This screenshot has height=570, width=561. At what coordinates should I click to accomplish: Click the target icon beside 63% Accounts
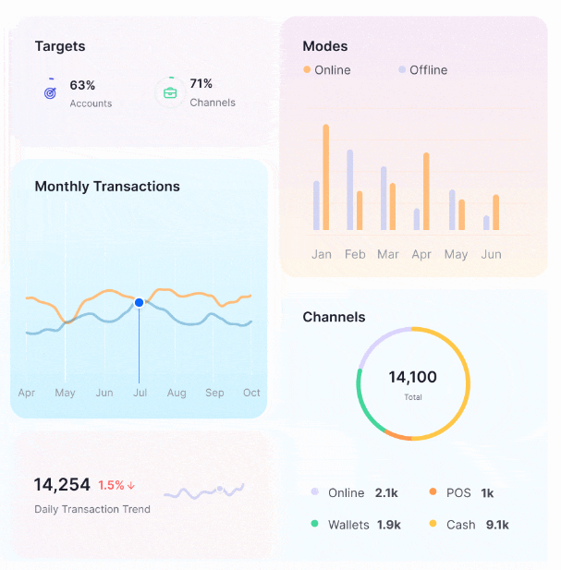(51, 92)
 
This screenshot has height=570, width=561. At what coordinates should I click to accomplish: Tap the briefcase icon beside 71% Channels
(170, 92)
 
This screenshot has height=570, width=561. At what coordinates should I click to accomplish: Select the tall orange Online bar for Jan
(325, 177)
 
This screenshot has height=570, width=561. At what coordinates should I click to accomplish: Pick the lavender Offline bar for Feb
(349, 189)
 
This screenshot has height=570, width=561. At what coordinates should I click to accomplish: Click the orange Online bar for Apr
(426, 191)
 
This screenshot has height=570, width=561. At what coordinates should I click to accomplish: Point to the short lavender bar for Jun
(486, 223)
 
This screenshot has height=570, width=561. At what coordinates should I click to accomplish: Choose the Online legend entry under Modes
(327, 70)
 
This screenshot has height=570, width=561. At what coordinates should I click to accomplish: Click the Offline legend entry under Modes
(423, 70)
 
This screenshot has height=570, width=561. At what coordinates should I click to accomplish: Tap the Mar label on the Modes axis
(388, 254)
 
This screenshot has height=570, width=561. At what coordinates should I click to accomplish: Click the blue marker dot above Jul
(139, 302)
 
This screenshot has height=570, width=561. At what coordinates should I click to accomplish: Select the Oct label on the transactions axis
(251, 393)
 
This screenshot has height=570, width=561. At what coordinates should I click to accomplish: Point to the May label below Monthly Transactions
(65, 393)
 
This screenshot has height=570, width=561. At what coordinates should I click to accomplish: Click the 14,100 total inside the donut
(412, 377)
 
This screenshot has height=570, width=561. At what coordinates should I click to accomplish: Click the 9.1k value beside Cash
(497, 525)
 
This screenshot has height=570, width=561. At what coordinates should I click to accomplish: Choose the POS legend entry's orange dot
(433, 493)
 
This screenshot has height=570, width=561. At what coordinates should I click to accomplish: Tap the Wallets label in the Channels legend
(349, 525)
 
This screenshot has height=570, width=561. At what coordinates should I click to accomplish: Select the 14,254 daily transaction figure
(62, 484)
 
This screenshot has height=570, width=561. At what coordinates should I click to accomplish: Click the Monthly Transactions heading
(107, 187)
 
